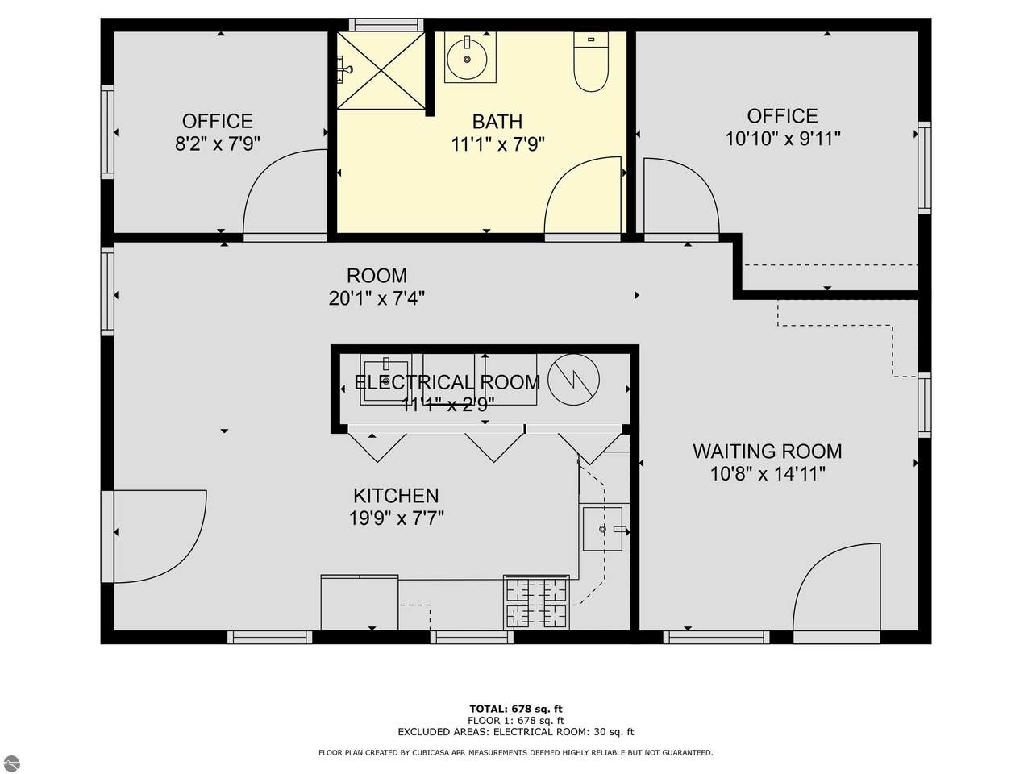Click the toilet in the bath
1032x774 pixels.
coord(591,61)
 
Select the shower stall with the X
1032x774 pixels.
coord(381,70)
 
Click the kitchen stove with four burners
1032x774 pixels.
coord(536,602)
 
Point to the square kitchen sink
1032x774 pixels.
coord(603,529)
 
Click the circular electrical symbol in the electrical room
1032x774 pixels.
coord(573,380)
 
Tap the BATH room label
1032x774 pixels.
coord(497,122)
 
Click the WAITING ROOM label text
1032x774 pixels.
coord(768,451)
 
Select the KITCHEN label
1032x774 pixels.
coord(396,496)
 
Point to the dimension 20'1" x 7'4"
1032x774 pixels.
coord(377,298)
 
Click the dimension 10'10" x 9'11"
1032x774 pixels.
coord(783,139)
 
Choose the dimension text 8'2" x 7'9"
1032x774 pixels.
coord(218,144)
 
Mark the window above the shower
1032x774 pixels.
coord(386,24)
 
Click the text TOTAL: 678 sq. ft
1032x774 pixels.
coord(516,709)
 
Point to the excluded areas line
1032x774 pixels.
coord(516,732)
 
